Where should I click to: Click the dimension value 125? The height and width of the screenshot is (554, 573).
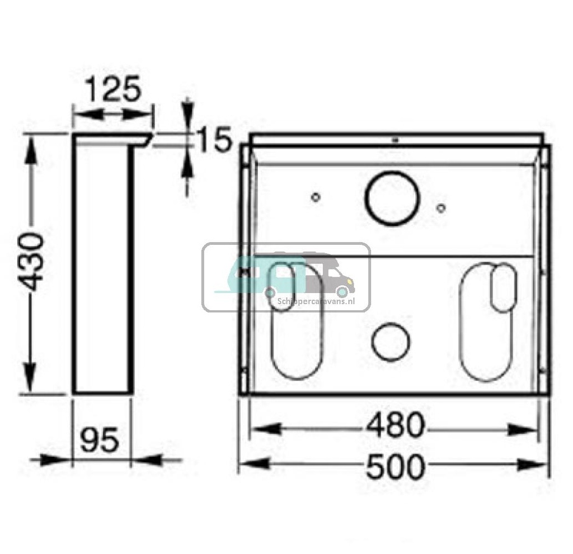click(x=113, y=89)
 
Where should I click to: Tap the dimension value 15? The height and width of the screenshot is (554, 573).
click(x=214, y=139)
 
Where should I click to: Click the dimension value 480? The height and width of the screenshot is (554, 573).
click(x=396, y=425)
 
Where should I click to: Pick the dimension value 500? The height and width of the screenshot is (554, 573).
click(x=396, y=466)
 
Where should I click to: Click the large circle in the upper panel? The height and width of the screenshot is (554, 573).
click(x=392, y=198)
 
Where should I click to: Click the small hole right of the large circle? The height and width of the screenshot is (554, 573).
click(x=441, y=208)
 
